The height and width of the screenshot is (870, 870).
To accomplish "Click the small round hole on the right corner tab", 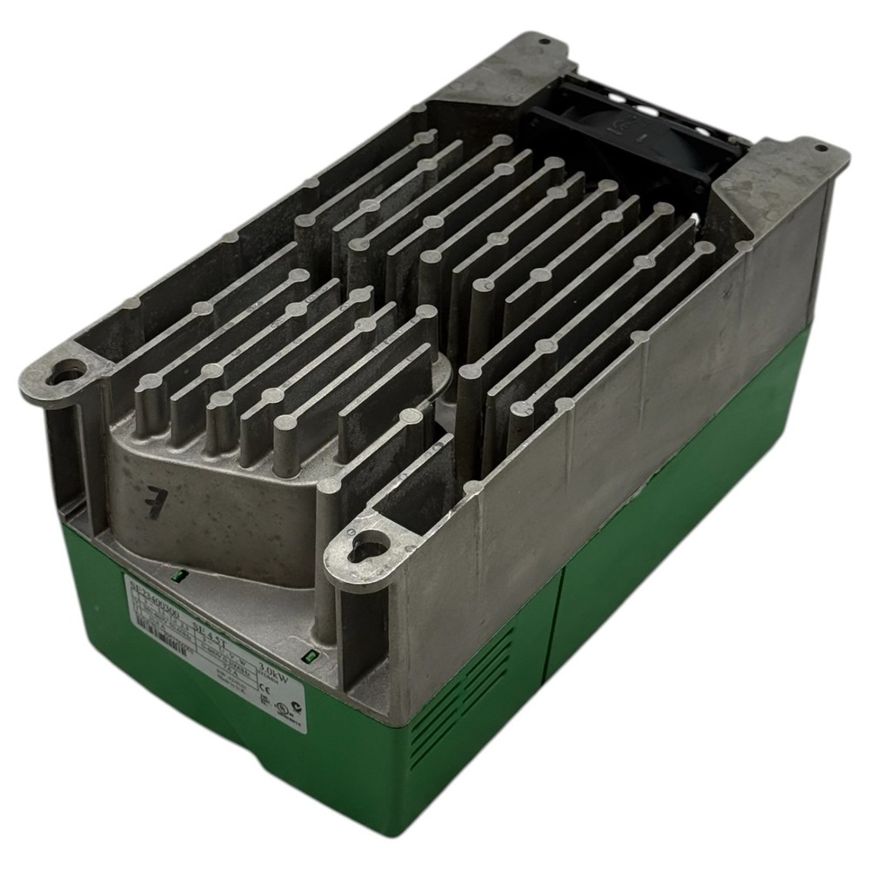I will pyautogui.click(x=819, y=148).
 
